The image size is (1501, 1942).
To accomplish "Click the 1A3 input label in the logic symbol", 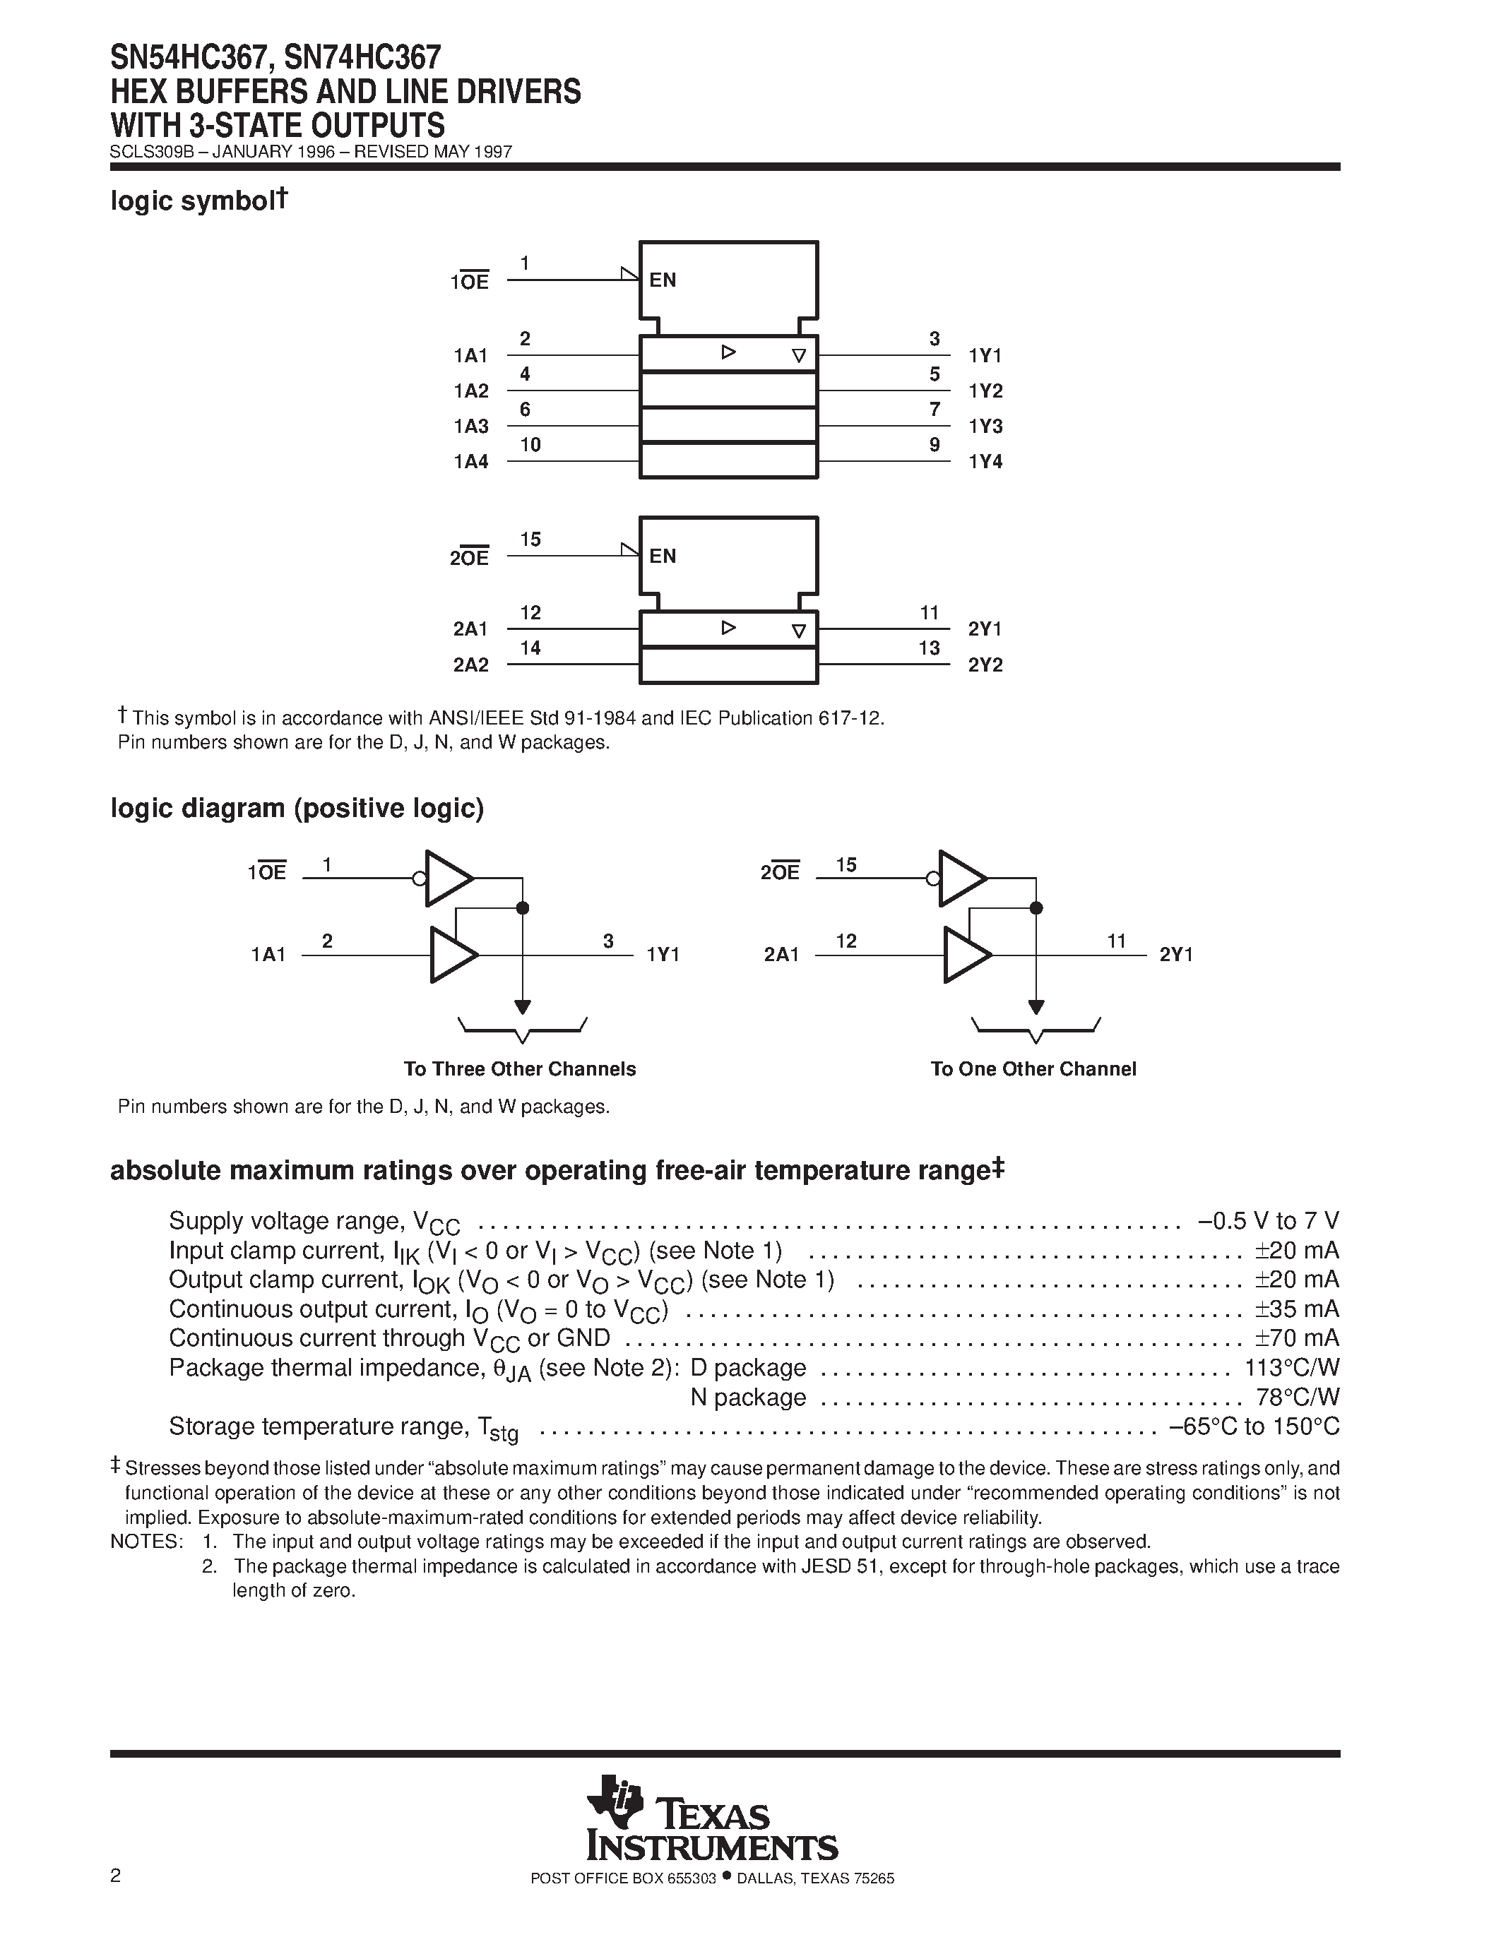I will [x=470, y=427].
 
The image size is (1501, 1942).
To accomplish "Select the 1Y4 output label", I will [x=985, y=463].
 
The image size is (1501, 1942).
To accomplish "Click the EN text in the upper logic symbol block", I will [x=663, y=281].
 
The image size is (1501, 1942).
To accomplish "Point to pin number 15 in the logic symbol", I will [x=530, y=540].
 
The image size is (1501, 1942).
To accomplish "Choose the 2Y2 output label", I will [x=985, y=665].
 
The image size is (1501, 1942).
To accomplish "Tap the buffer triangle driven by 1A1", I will [x=453, y=955].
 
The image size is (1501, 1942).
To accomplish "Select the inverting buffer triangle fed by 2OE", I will [x=961, y=878].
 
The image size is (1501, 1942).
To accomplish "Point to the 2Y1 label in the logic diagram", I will [x=1175, y=955].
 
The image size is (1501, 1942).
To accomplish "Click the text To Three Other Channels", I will [x=519, y=1069].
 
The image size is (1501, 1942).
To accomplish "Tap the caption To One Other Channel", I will [x=1033, y=1069].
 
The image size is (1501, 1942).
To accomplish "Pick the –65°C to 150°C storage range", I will [x=1254, y=1426].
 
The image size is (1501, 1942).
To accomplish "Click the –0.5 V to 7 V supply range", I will [x=1268, y=1221].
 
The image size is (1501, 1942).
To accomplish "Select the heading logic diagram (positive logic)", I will [x=297, y=809].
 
